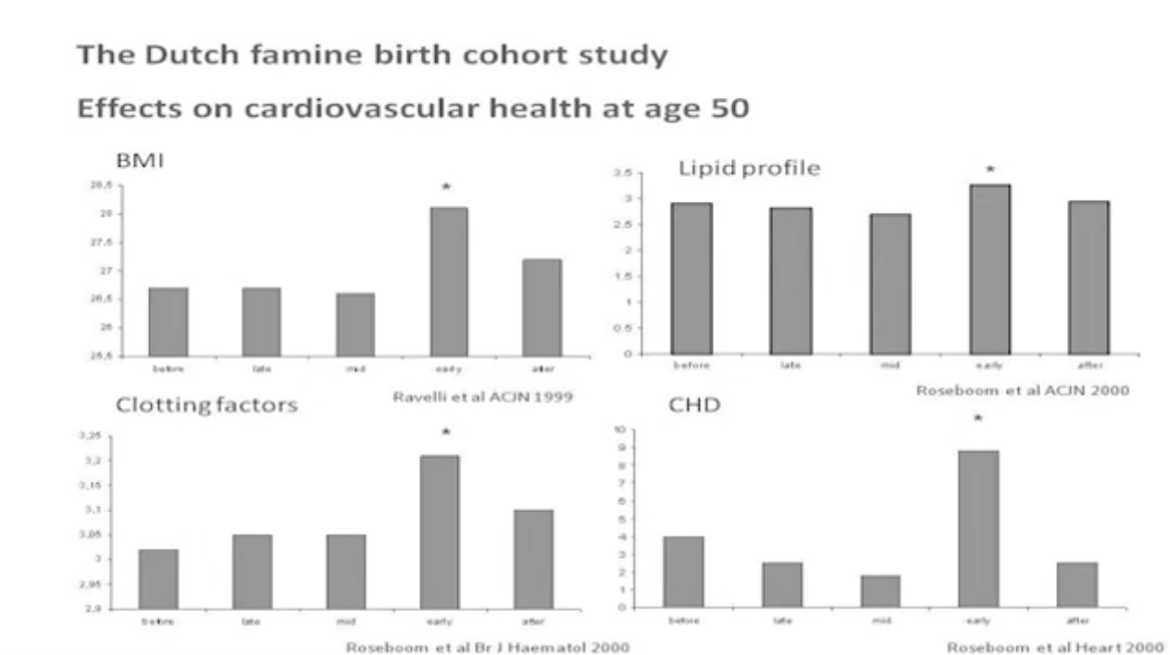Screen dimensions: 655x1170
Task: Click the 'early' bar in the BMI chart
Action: point(448,281)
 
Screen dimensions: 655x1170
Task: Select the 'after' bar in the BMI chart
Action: point(541,307)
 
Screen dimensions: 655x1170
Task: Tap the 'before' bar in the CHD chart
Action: point(683,571)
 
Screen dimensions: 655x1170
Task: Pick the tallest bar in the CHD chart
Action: point(977,528)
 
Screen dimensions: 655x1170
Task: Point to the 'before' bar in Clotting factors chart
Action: point(158,578)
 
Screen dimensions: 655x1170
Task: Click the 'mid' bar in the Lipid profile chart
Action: point(890,283)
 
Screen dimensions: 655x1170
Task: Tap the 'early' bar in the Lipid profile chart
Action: point(990,268)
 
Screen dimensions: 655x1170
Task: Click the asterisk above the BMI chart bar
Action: point(446,188)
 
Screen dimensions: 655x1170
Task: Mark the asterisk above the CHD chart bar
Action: point(977,419)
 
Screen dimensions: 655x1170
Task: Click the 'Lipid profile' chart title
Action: point(749,168)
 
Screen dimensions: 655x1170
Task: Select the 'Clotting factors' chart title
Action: point(206,405)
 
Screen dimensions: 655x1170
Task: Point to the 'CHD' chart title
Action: point(694,405)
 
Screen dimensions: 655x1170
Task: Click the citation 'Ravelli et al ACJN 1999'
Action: point(482,397)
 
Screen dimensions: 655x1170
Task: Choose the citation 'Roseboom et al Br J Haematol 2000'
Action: point(488,647)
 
